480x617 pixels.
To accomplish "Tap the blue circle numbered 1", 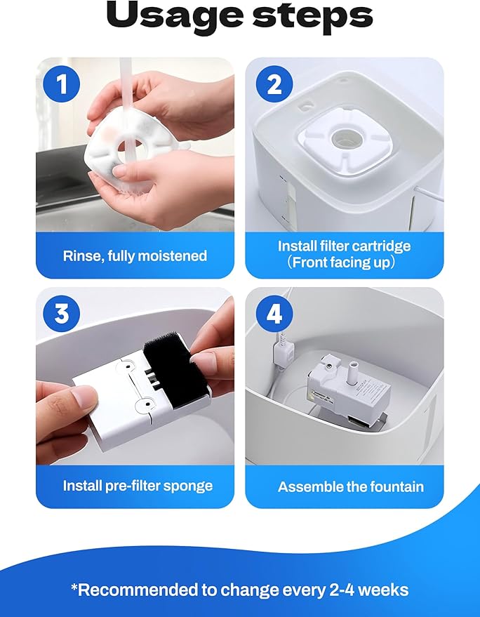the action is (61, 84).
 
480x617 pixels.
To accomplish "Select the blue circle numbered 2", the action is (274, 84).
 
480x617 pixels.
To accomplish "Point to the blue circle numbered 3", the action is (61, 314).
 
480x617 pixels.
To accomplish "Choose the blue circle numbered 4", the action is (274, 314).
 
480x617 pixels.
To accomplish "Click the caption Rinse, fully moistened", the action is (135, 256).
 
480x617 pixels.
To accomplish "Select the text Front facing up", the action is (340, 263).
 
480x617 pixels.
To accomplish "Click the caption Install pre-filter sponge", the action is (138, 486).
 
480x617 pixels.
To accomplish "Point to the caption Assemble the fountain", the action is (351, 486).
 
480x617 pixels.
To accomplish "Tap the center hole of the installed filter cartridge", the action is (344, 139).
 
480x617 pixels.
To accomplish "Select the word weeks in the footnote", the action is (384, 590).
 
